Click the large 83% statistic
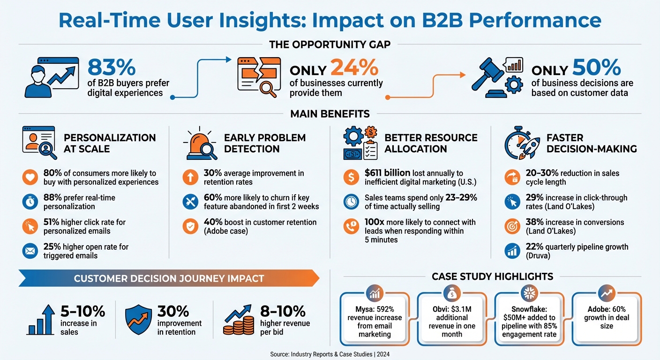(x=111, y=68)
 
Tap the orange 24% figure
(x=354, y=68)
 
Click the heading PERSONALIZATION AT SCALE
(x=110, y=143)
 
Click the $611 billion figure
(x=387, y=173)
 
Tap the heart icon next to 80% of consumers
(x=30, y=178)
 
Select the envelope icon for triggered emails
(x=30, y=251)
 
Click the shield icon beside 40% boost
(x=190, y=226)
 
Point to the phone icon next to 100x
(x=351, y=226)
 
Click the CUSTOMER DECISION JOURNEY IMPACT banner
(x=169, y=278)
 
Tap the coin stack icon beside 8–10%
(x=237, y=319)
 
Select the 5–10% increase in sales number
(x=82, y=311)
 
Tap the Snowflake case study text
(x=529, y=321)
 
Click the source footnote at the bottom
(x=330, y=354)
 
